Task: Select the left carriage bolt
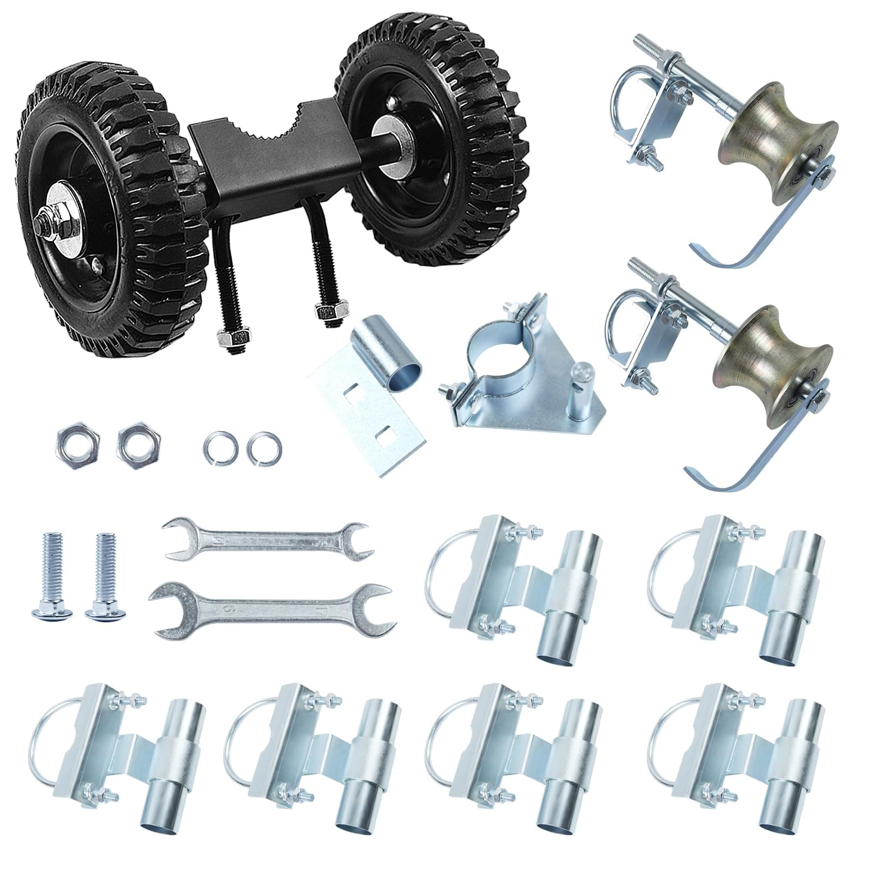click(x=55, y=576)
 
